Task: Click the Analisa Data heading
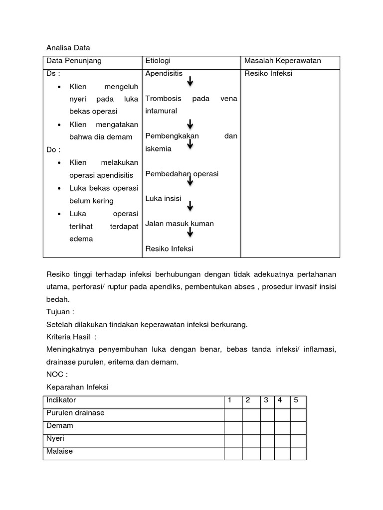68,48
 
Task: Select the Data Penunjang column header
74,61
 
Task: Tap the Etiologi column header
158,61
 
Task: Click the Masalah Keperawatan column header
282,61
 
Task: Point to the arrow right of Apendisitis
191,81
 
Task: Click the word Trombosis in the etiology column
163,99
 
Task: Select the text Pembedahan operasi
182,174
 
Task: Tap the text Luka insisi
163,199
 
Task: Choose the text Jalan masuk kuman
180,224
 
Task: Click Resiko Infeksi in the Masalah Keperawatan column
268,74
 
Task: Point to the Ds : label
53,74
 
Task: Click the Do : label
53,149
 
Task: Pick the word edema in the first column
81,239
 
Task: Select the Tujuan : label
60,312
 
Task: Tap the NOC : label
57,374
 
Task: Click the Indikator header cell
61,400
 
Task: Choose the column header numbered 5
296,400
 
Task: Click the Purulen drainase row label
75,413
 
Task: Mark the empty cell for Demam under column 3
267,426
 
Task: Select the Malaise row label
59,451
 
